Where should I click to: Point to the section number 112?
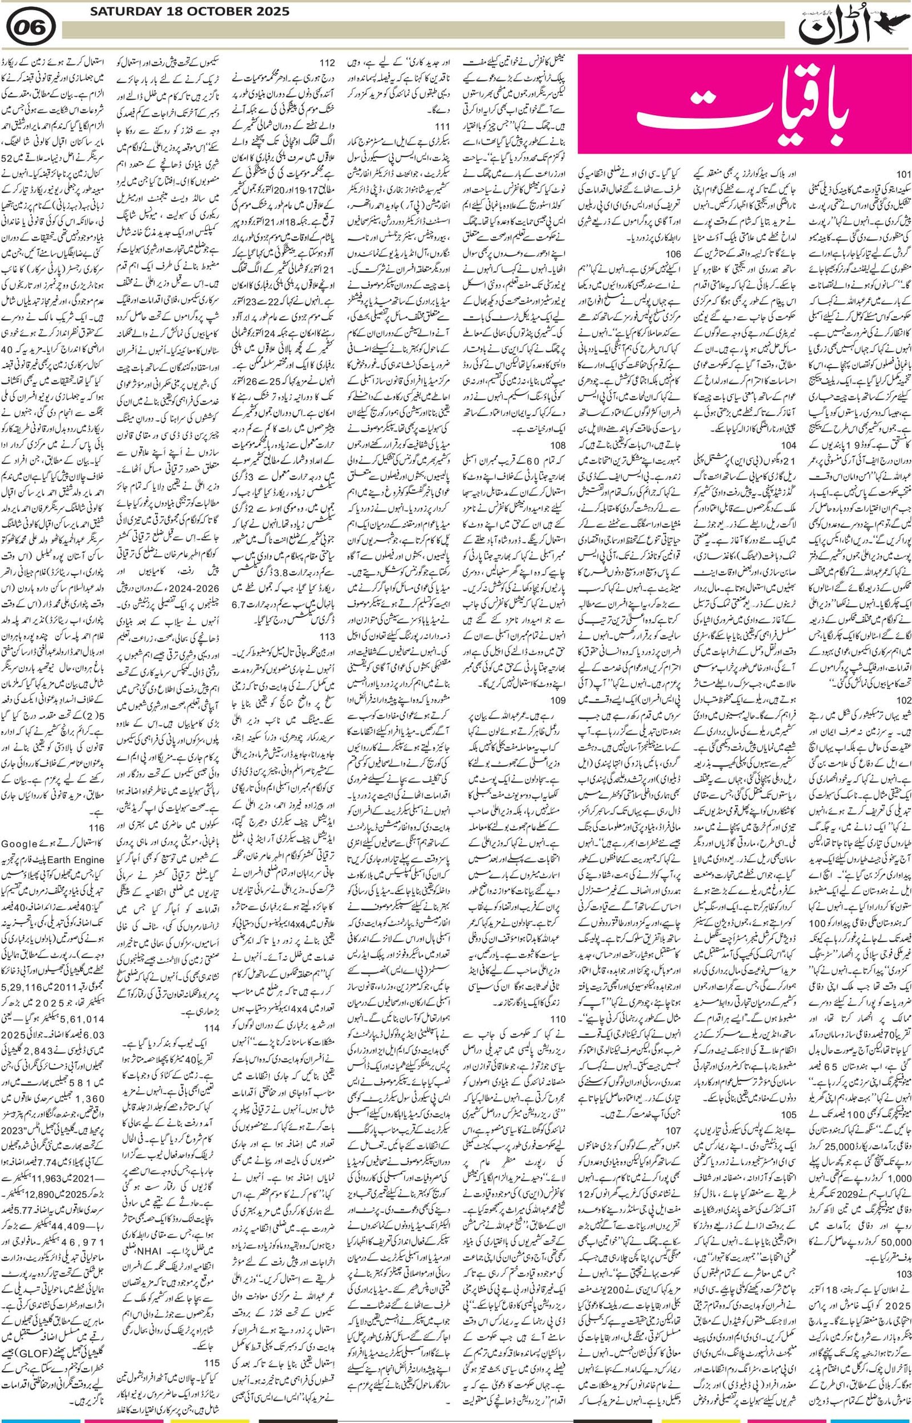pyautogui.click(x=328, y=64)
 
